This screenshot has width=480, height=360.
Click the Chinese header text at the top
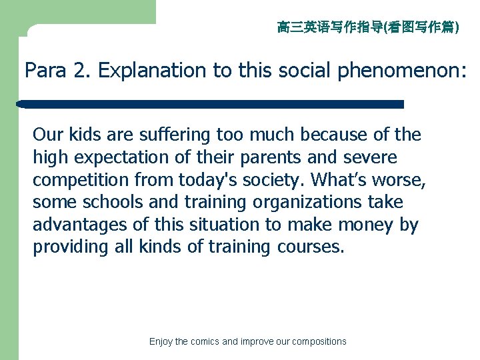coord(367,27)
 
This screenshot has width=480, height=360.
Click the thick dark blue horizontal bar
coord(211,104)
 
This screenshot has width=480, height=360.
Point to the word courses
coord(309,247)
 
